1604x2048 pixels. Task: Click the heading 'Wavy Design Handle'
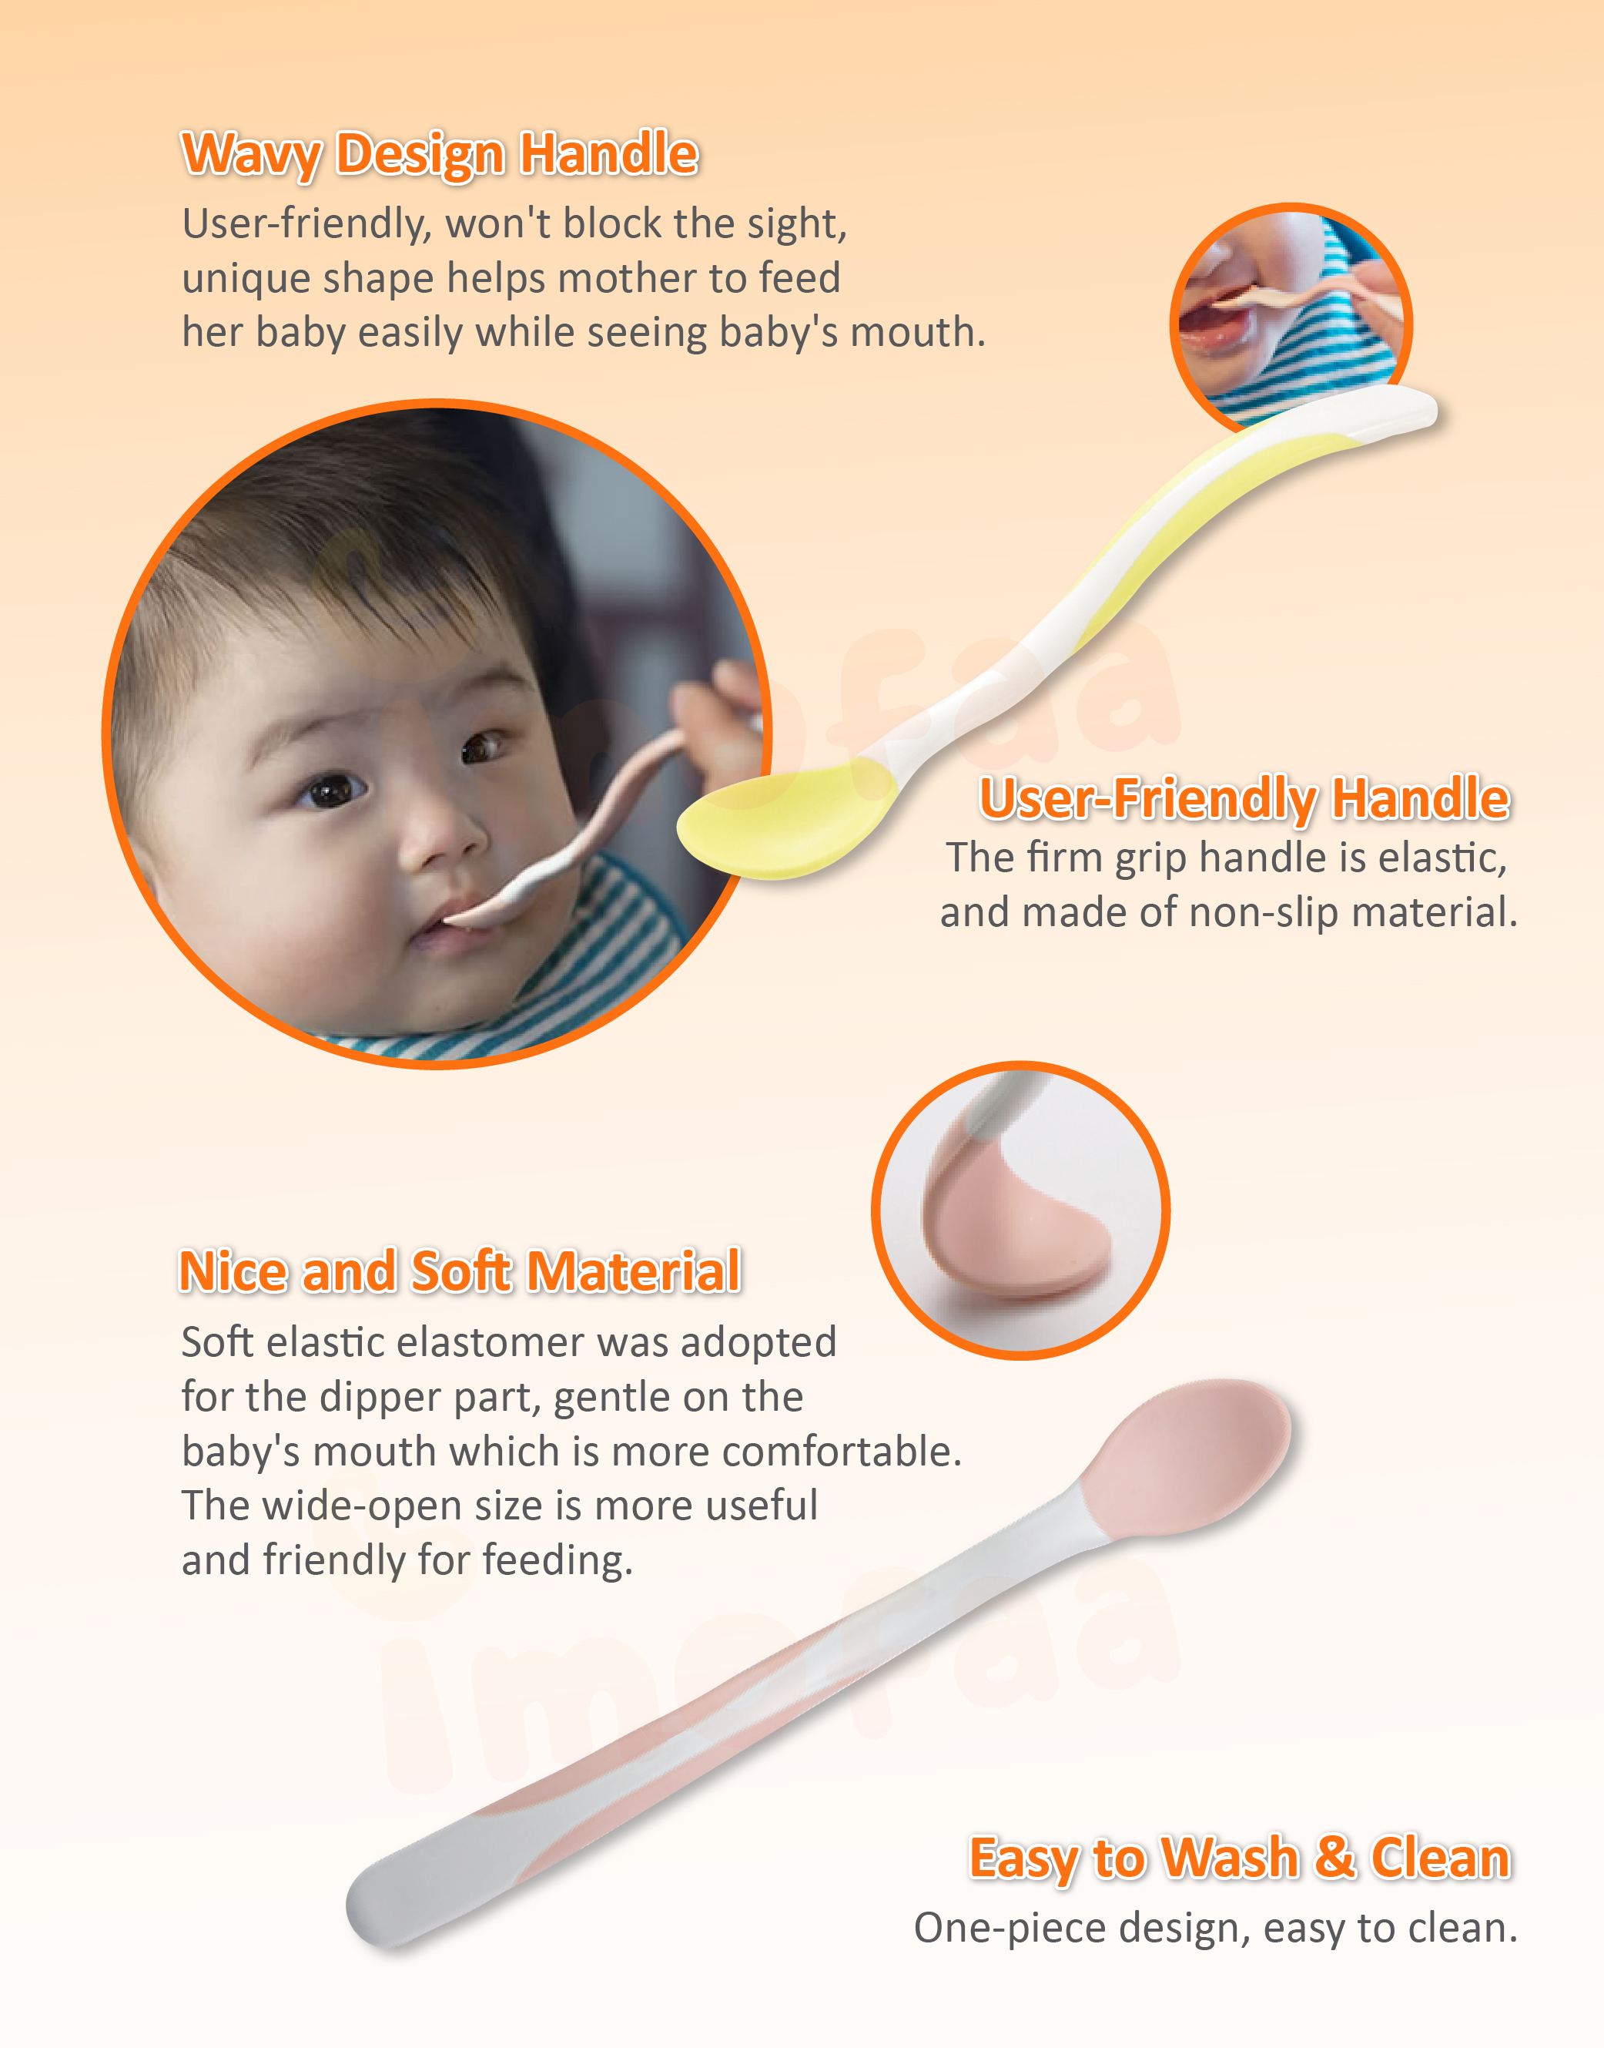pos(440,154)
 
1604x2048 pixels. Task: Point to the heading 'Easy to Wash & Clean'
pos(1241,1858)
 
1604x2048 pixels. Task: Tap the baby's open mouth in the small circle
pos(1211,324)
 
